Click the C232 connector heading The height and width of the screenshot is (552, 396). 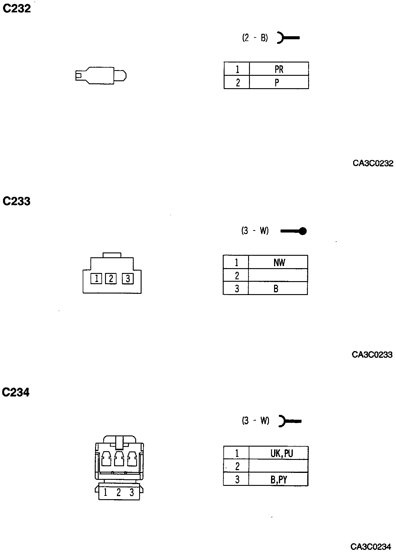[17, 9]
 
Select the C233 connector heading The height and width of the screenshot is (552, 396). [17, 201]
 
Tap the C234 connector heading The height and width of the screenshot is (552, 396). [16, 393]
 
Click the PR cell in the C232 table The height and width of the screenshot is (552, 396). [279, 69]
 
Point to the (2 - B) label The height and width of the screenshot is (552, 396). [255, 38]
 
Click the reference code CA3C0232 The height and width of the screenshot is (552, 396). [373, 163]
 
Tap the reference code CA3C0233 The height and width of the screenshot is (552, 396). [372, 355]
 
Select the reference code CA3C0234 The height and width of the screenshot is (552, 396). [371, 547]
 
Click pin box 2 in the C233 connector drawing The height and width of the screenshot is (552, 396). [111, 278]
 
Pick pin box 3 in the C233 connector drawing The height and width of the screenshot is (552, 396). [128, 278]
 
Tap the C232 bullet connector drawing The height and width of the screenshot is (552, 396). [101, 75]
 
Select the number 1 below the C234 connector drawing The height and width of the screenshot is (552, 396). [105, 493]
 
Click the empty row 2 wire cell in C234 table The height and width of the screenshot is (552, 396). [278, 466]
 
